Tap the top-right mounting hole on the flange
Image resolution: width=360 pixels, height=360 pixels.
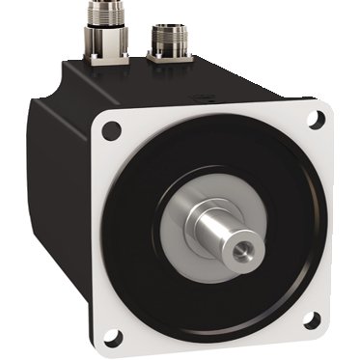[315, 121]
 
